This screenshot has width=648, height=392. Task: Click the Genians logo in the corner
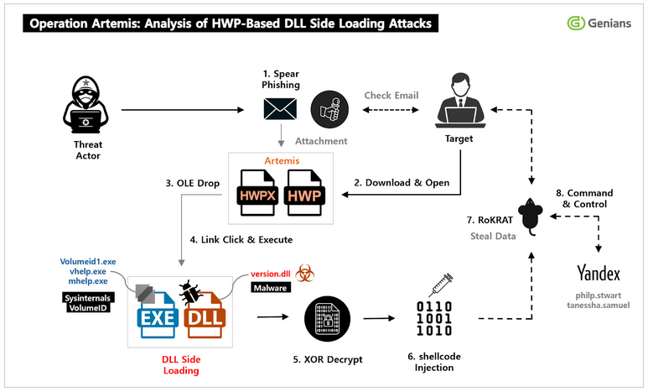(x=599, y=23)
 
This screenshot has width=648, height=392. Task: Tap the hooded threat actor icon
(x=86, y=105)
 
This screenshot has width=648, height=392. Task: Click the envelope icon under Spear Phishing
(x=280, y=109)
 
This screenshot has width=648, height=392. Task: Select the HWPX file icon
(x=257, y=192)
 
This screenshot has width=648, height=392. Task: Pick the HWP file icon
(x=304, y=192)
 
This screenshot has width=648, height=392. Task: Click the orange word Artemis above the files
(x=282, y=160)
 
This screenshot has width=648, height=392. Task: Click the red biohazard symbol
(x=305, y=273)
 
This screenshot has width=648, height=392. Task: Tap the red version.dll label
(x=271, y=274)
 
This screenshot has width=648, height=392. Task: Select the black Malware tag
(x=271, y=288)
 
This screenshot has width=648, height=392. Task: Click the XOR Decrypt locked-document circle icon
(x=327, y=319)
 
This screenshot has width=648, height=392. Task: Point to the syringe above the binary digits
(x=441, y=285)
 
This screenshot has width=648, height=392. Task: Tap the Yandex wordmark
(x=599, y=273)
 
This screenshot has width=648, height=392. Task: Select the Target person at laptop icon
(x=460, y=101)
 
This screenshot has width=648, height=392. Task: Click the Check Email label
(x=391, y=95)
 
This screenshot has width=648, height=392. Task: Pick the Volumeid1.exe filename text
(x=88, y=262)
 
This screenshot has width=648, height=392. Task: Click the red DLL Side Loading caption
(x=181, y=364)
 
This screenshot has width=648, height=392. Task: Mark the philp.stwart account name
(x=599, y=295)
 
